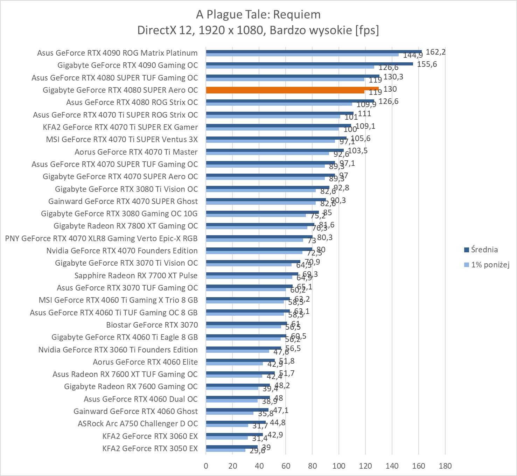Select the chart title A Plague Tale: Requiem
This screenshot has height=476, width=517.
click(258, 14)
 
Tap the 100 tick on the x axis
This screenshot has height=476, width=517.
click(338, 466)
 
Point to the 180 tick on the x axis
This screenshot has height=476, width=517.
click(445, 466)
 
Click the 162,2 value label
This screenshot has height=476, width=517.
click(435, 52)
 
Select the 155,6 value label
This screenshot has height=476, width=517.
click(427, 64)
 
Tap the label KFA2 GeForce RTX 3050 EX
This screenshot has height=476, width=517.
click(150, 448)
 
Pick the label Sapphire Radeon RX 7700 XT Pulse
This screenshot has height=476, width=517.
click(136, 275)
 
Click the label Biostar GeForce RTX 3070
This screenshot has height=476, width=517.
click(152, 325)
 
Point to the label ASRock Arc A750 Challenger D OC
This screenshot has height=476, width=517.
click(138, 423)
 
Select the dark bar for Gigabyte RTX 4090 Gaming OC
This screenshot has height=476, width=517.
click(309, 64)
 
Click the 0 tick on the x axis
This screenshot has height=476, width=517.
click(206, 466)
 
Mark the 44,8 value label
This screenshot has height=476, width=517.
click(278, 423)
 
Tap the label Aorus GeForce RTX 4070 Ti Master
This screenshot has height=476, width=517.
click(136, 152)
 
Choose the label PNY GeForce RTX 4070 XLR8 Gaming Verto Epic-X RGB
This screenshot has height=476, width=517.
click(101, 238)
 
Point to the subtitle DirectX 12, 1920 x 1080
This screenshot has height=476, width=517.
click(258, 30)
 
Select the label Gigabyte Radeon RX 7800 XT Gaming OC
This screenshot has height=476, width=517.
click(126, 226)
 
